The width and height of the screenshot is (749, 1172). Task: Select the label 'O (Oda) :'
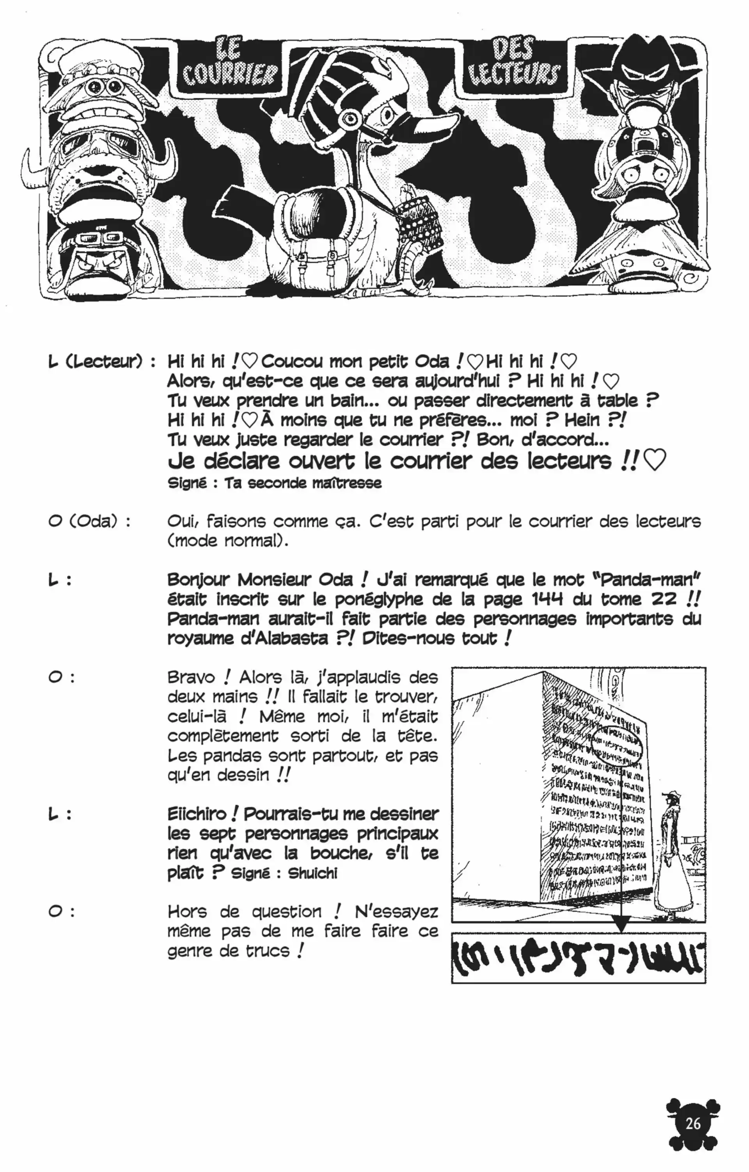[x=90, y=521]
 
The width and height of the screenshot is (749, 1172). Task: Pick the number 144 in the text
[x=547, y=599]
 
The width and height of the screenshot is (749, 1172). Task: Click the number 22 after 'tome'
[x=664, y=599]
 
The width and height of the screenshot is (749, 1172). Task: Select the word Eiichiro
[x=197, y=814]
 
